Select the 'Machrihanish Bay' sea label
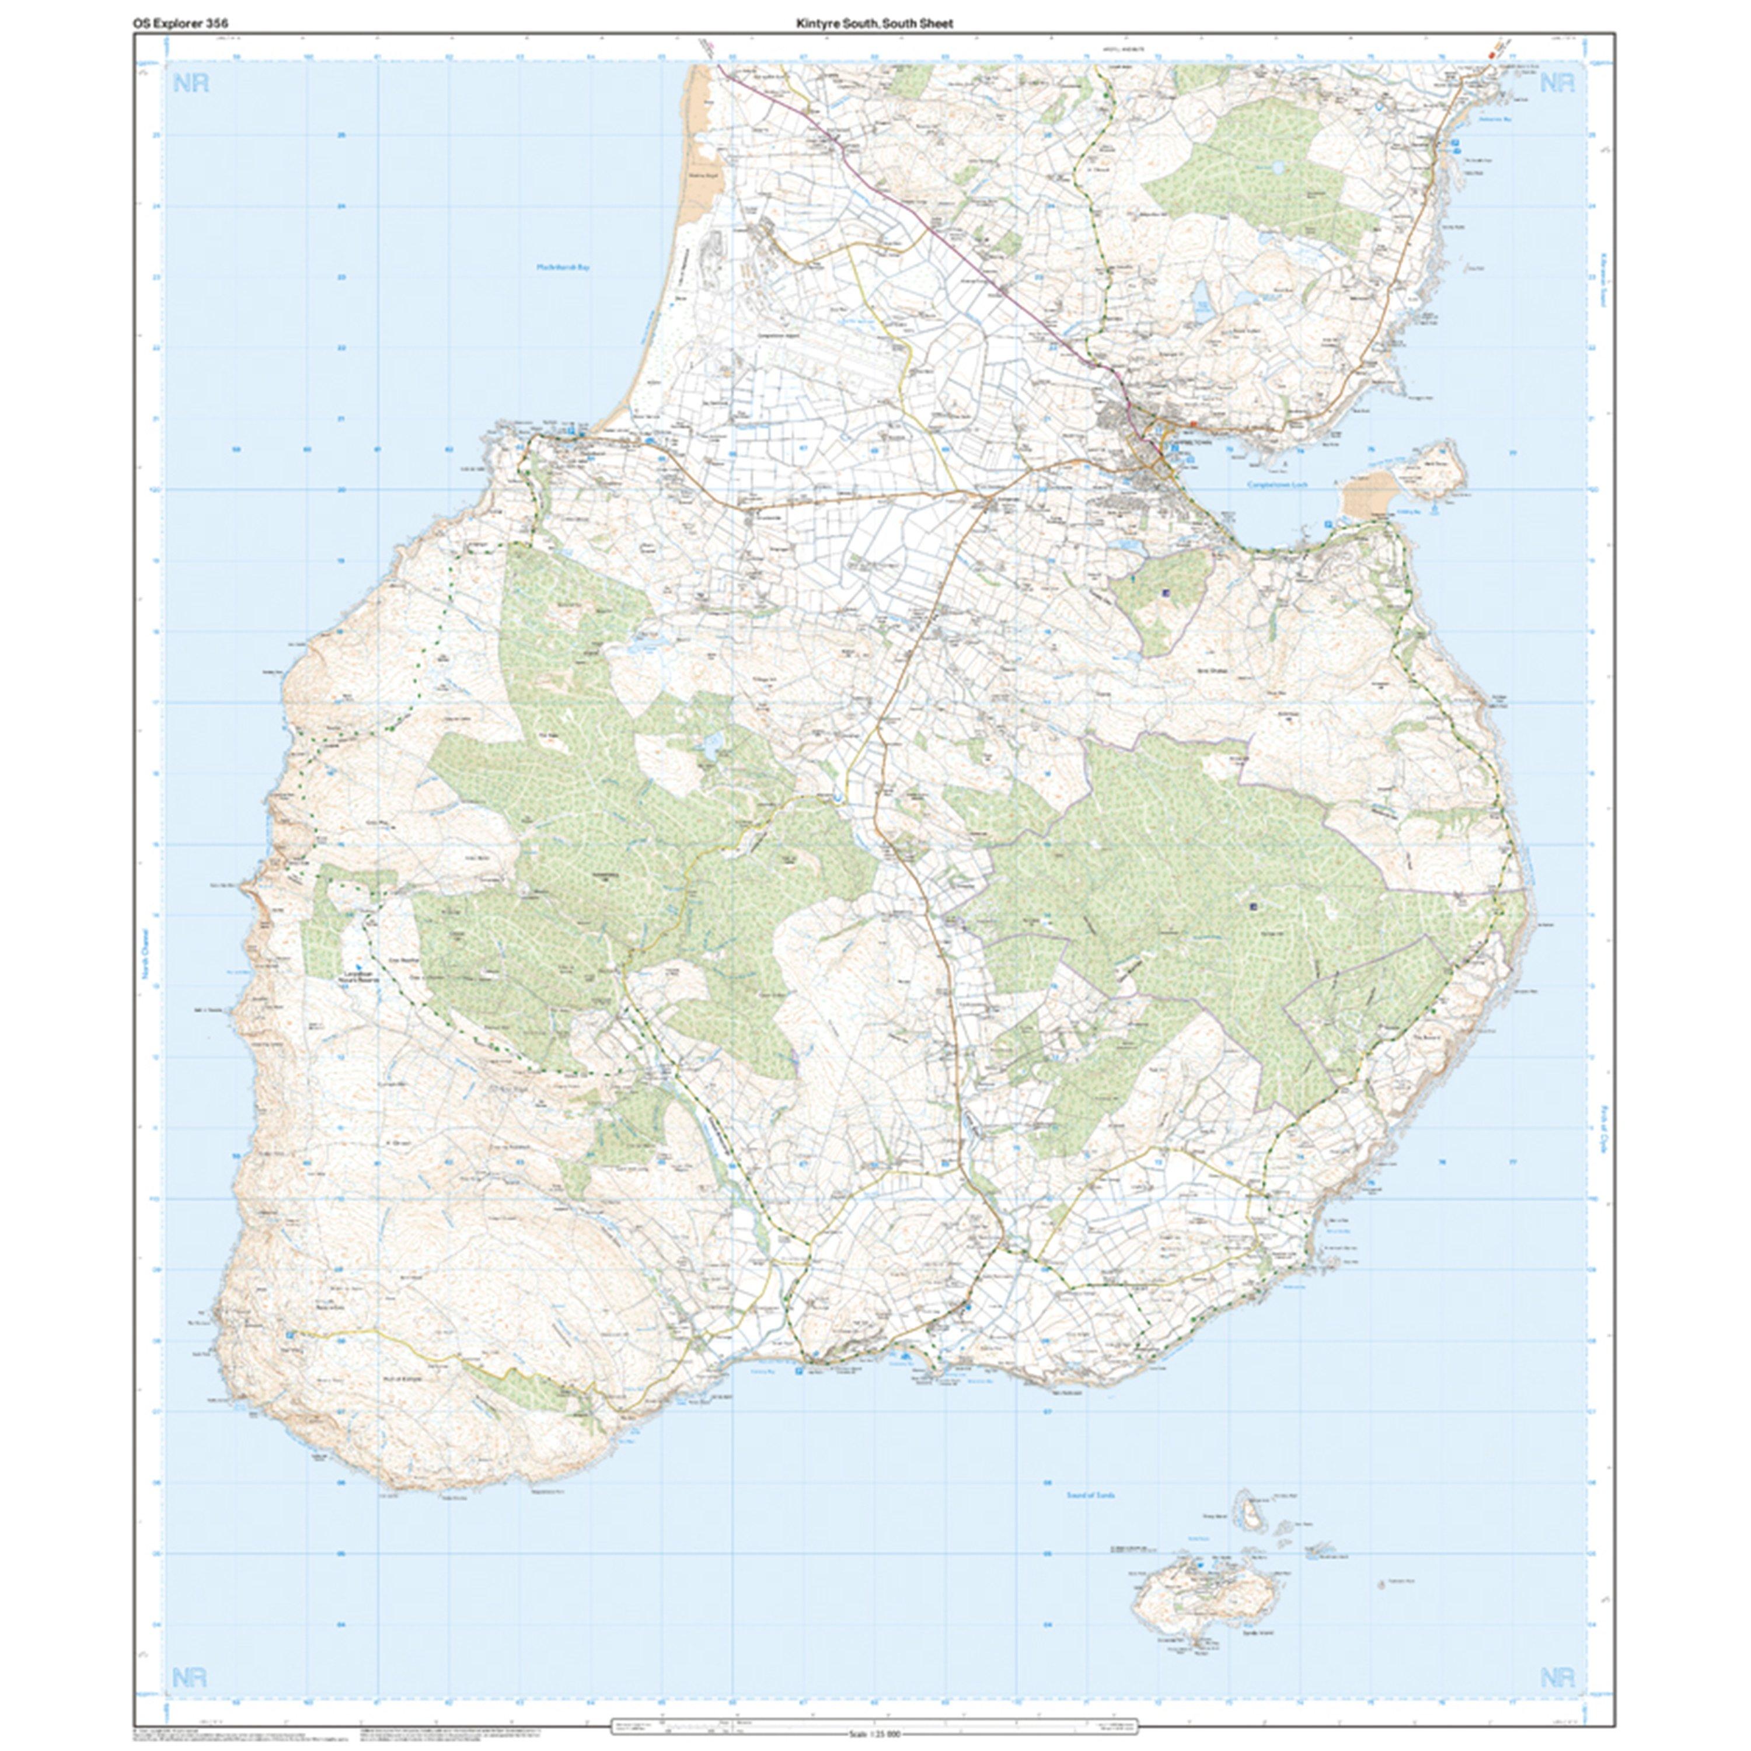[x=562, y=268]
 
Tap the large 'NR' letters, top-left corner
[x=189, y=84]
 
